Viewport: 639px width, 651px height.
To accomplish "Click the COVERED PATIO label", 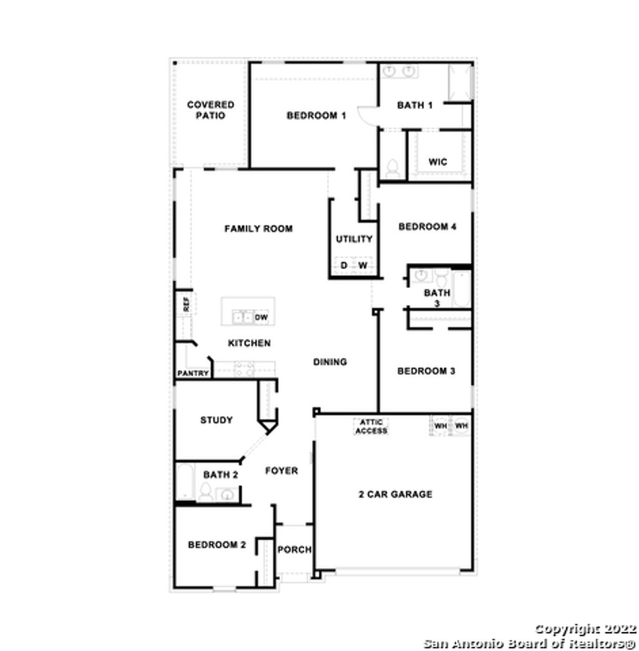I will [210, 110].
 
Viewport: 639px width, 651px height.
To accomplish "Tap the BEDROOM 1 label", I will [316, 115].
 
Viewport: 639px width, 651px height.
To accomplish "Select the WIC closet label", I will [437, 162].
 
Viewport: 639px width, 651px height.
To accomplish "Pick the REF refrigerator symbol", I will [185, 304].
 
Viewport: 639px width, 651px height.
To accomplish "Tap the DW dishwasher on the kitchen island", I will [261, 317].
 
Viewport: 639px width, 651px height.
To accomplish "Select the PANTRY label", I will [193, 374].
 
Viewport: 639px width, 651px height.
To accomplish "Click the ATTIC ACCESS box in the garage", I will [371, 427].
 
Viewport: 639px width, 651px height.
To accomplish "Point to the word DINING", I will [329, 362].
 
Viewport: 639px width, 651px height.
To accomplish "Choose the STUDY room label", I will [217, 420].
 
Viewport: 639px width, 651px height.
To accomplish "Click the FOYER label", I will [281, 471].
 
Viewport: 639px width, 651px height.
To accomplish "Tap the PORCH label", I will [295, 549].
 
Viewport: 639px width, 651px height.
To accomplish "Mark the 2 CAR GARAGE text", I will [395, 494].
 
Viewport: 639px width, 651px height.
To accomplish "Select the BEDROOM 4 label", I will [427, 227].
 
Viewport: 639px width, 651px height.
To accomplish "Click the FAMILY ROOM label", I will [258, 229].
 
